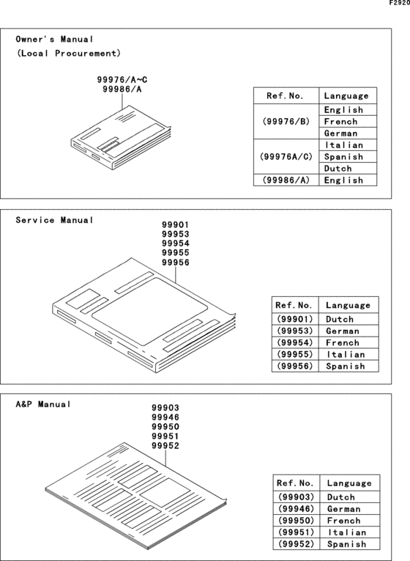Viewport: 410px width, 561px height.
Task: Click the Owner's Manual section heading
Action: [55, 39]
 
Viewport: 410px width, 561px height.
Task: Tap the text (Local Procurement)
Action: [68, 54]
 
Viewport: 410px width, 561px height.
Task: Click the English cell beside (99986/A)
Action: [343, 180]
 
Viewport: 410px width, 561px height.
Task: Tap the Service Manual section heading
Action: [55, 220]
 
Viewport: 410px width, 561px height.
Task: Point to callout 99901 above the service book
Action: [176, 227]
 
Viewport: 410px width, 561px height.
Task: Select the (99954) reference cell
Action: [294, 343]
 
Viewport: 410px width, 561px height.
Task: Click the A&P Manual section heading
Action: [43, 404]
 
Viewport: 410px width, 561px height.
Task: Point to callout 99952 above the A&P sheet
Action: [165, 445]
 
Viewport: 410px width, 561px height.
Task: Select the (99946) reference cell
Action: [295, 509]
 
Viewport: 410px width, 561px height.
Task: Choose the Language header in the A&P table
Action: [348, 484]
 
